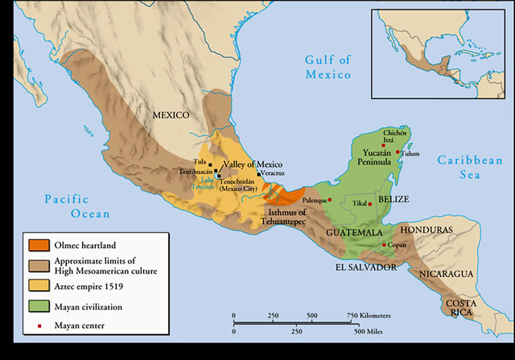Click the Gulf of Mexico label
pos(328,67)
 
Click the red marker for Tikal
pos(369,204)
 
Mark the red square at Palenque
pos(329,199)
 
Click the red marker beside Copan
pos(383,245)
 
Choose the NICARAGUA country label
pos(443,274)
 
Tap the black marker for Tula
pos(210,163)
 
